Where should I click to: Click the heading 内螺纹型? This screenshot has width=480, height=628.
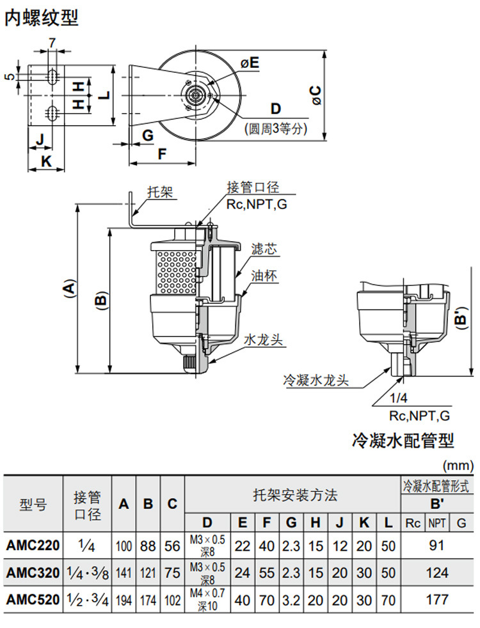pos(42,19)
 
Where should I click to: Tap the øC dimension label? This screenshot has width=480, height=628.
pos(316,96)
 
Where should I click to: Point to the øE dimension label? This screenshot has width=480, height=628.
pos(250,63)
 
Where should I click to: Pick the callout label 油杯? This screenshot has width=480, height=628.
pos(264,277)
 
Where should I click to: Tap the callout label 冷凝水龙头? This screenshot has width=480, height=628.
pos(316,380)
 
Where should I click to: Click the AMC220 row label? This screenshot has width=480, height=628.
pos(33,546)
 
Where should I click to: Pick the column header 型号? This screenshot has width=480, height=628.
pos(33,504)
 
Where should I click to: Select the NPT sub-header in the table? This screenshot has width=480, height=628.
pos(437,522)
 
